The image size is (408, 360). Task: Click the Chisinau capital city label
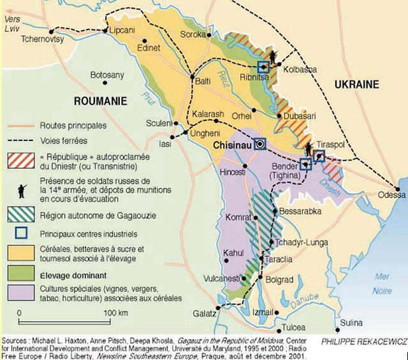coord(231,145)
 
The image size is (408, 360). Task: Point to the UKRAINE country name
coord(356,84)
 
